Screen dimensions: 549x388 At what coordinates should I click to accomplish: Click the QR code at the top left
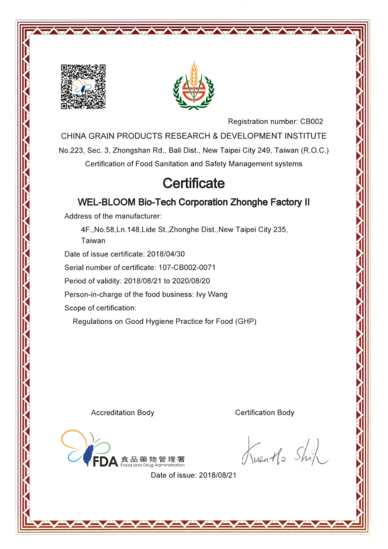83,87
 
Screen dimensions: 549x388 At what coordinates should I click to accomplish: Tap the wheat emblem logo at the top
193,86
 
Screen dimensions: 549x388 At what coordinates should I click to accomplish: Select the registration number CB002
311,122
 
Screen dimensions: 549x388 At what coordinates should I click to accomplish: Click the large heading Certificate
193,183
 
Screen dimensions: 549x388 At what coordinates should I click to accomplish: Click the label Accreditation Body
123,412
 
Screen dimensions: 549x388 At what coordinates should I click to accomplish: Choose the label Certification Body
265,412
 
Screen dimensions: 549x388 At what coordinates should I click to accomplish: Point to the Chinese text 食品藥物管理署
153,459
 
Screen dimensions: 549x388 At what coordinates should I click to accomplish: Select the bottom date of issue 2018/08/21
218,475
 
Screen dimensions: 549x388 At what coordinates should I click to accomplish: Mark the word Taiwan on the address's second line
93,241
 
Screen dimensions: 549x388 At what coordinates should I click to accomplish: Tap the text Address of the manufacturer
113,216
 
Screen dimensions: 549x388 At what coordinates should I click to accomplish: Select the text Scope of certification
100,308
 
